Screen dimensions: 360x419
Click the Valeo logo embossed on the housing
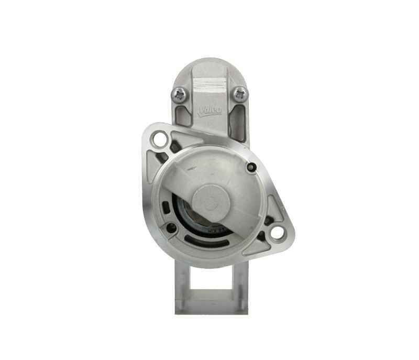pos(210,111)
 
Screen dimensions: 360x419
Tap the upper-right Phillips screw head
pos(239,94)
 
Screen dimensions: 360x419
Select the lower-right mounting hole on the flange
pos(277,231)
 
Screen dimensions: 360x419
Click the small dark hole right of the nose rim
pos(252,168)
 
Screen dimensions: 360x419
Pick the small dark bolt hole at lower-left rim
pos(171,227)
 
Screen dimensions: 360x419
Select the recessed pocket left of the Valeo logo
pos(183,118)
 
